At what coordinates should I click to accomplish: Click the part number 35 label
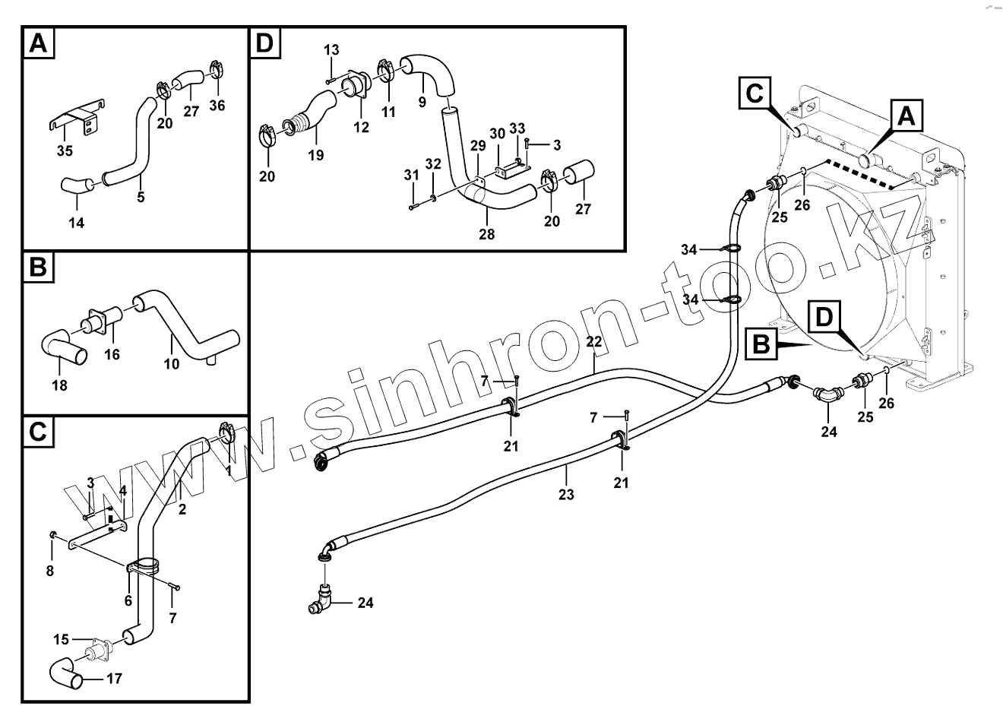tap(65, 151)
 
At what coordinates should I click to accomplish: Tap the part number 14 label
tap(77, 223)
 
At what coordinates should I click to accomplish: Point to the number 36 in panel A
tap(217, 106)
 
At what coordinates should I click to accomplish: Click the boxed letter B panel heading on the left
tap(39, 268)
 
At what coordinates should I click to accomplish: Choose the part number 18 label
tap(59, 385)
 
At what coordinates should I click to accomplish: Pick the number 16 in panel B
tap(112, 354)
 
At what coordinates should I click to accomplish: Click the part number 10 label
tap(172, 364)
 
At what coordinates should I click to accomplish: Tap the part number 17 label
tap(114, 679)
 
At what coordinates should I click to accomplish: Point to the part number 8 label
tap(50, 571)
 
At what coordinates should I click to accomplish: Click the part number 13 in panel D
tap(331, 50)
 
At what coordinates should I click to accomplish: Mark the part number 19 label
tap(316, 155)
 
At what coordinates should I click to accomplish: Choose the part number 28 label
tap(486, 234)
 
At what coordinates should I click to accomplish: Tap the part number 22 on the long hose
tap(594, 341)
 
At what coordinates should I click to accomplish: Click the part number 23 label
tap(565, 494)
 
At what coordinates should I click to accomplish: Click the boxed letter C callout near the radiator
tap(754, 93)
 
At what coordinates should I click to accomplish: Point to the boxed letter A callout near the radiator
tap(905, 117)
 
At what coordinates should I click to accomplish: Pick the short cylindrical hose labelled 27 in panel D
tap(581, 174)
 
